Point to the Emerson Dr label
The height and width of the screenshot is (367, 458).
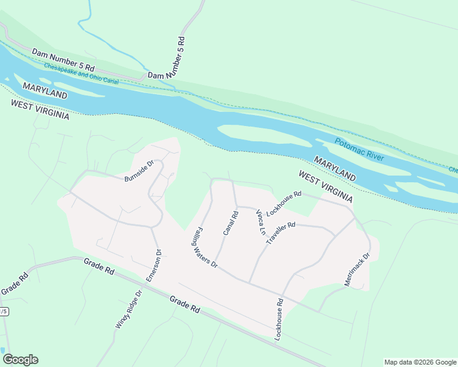[153, 265]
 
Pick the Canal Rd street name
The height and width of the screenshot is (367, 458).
[230, 223]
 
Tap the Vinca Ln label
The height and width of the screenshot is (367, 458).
[260, 223]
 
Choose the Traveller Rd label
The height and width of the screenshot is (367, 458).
[280, 234]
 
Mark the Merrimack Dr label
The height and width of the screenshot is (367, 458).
[357, 270]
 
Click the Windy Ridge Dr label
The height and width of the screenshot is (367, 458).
[129, 310]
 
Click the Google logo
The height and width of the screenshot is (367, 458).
[20, 360]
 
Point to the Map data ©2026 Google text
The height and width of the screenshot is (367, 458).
[419, 362]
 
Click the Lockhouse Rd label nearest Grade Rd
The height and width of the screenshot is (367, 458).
[279, 319]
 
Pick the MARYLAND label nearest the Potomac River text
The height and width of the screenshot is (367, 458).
[335, 168]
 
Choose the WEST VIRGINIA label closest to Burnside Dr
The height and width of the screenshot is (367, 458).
[40, 110]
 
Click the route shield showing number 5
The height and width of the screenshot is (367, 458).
[4, 311]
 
